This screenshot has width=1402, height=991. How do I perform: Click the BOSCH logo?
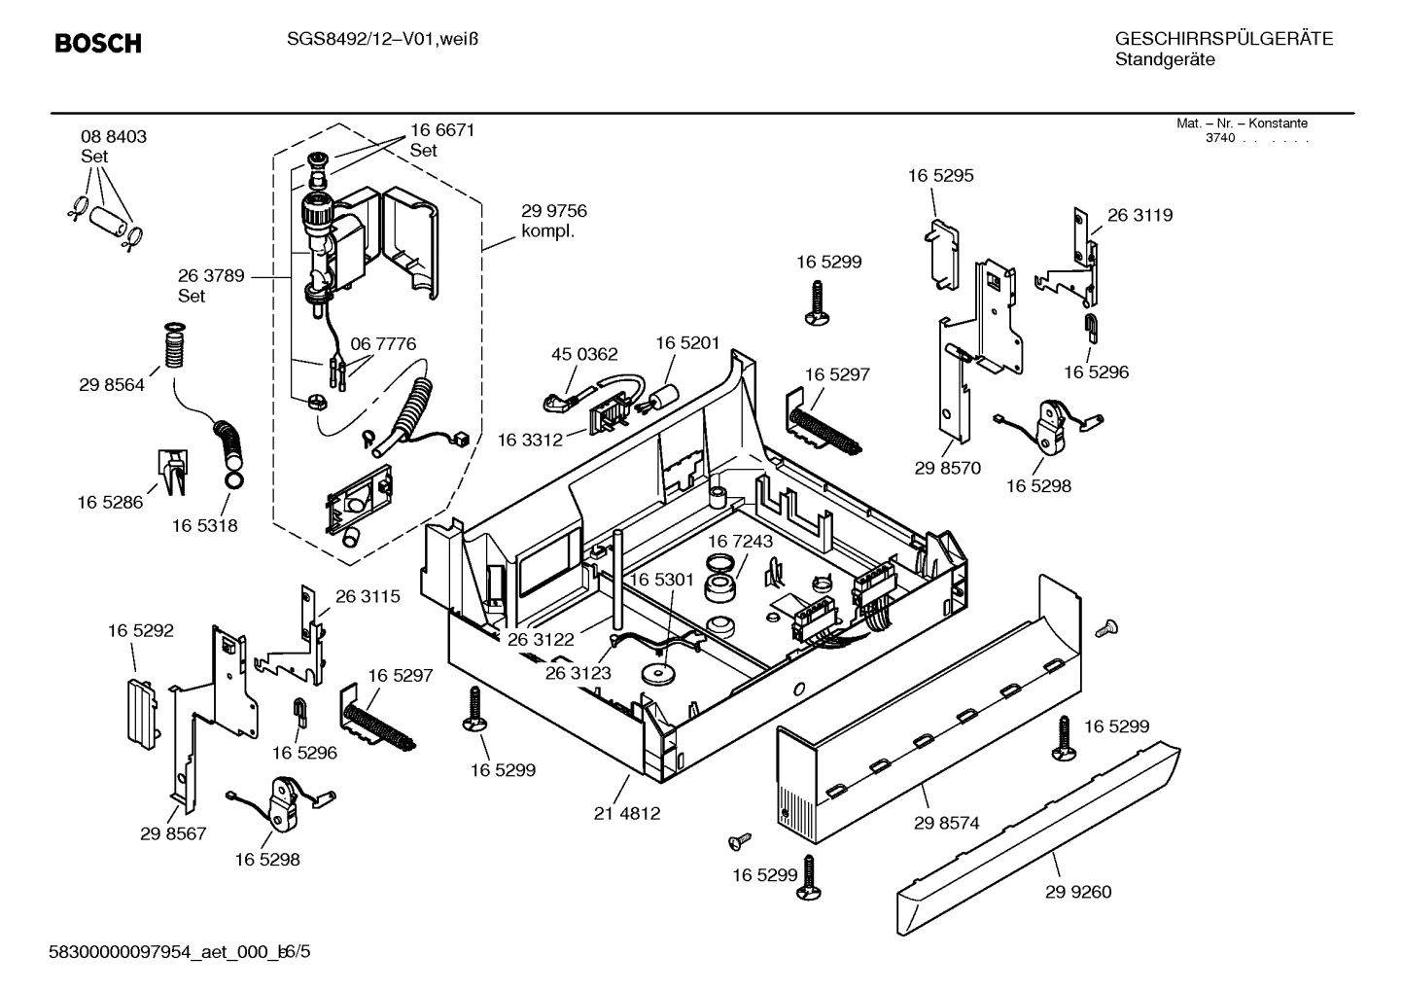97,44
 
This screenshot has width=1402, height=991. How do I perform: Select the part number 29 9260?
1078,892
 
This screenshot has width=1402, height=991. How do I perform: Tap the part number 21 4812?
626,813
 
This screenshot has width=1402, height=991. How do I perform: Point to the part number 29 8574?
946,823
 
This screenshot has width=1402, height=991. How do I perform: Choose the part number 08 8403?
114,137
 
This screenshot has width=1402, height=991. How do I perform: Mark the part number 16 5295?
940,176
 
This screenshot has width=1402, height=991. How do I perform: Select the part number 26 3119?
1139,215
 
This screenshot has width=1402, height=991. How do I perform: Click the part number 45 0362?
584,354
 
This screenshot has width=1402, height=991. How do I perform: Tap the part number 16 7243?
740,541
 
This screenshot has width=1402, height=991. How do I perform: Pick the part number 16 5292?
141,630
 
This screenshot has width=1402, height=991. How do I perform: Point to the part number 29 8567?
173,833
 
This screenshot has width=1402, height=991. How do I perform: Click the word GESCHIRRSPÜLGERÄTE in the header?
1223,39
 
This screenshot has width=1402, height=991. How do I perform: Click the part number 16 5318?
205,525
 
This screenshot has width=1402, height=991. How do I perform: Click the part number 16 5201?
687,342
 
